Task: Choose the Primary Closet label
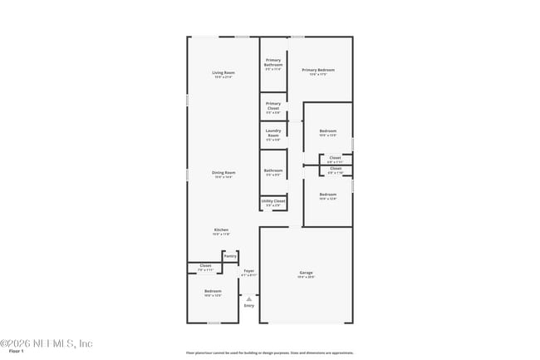[273, 106]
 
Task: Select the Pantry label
[230, 256]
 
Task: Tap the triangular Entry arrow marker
[248, 298]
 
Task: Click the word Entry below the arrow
[248, 306]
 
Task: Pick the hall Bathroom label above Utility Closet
[273, 172]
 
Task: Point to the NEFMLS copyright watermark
[47, 343]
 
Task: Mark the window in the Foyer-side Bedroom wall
[213, 323]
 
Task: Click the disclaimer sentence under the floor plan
[269, 353]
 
